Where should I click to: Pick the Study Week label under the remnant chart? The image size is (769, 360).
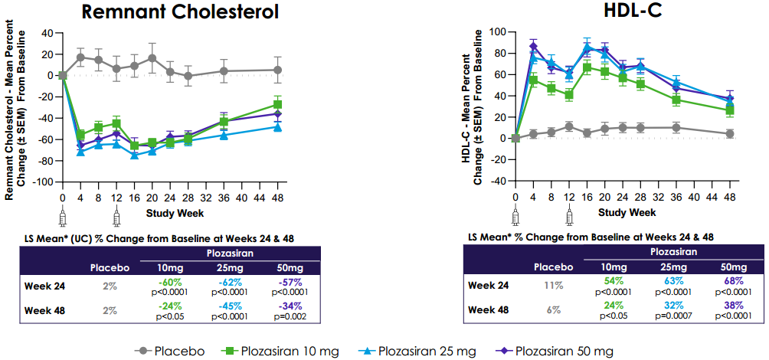click(172, 211)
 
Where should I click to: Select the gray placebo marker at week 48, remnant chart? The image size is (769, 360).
click(277, 70)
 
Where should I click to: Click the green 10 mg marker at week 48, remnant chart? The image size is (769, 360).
click(277, 104)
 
